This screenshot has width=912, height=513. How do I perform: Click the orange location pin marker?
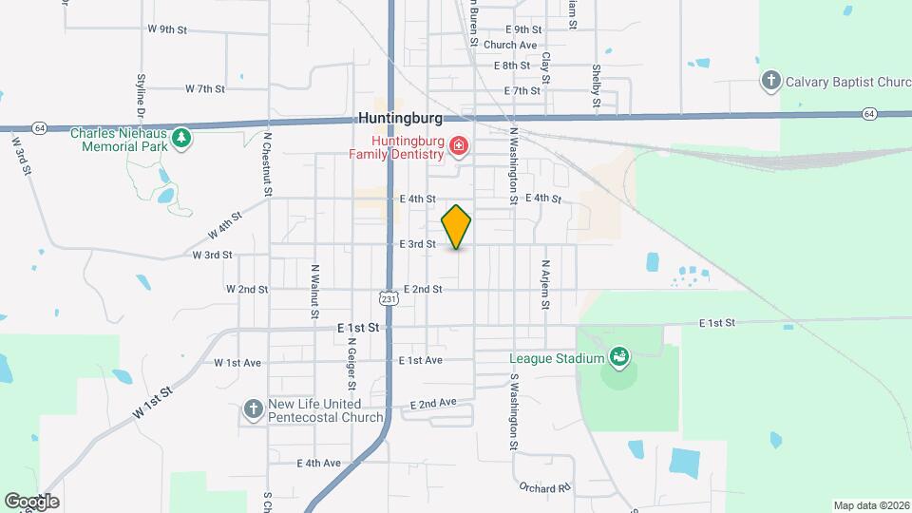tap(457, 227)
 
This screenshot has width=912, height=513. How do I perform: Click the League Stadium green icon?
tap(619, 357)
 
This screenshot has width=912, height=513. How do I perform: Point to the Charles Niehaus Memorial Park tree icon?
tap(180, 140)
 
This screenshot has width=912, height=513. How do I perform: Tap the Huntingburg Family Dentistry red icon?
tap(459, 145)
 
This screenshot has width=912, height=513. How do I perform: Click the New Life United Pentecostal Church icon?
tap(253, 408)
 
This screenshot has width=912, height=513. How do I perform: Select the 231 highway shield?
tap(387, 298)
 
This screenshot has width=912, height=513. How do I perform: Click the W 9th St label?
tap(167, 29)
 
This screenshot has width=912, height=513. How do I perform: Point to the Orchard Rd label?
tap(543, 487)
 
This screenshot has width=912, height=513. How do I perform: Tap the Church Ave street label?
tap(510, 45)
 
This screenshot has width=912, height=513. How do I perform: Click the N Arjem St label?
tap(546, 283)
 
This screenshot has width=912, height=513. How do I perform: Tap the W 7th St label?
tap(205, 89)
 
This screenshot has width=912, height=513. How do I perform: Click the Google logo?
tap(30, 501)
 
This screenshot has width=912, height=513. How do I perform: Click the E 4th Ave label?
tap(318, 464)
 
